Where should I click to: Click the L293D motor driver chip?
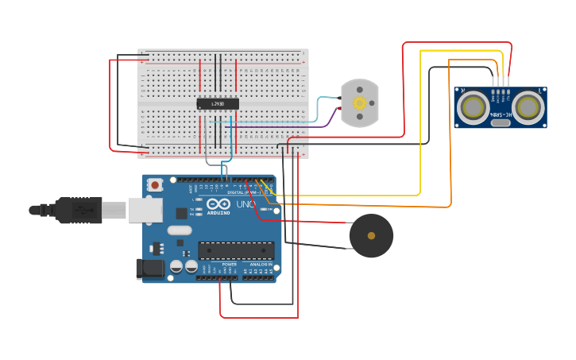click(x=218, y=103)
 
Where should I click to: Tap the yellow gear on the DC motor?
click(x=359, y=103)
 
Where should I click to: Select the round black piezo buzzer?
click(x=371, y=236)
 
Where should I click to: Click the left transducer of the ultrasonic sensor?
click(x=474, y=106)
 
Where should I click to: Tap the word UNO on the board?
click(x=245, y=205)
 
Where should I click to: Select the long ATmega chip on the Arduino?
click(x=237, y=250)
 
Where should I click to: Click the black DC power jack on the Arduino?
click(x=150, y=269)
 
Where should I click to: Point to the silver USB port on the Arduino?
click(x=145, y=210)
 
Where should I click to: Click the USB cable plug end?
click(x=79, y=210)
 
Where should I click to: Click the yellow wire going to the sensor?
click(x=421, y=119)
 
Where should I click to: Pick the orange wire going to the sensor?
click(x=450, y=135)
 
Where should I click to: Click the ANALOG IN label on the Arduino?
click(x=260, y=265)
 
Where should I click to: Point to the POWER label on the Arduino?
click(x=218, y=265)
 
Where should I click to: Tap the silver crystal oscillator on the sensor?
click(x=501, y=122)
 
